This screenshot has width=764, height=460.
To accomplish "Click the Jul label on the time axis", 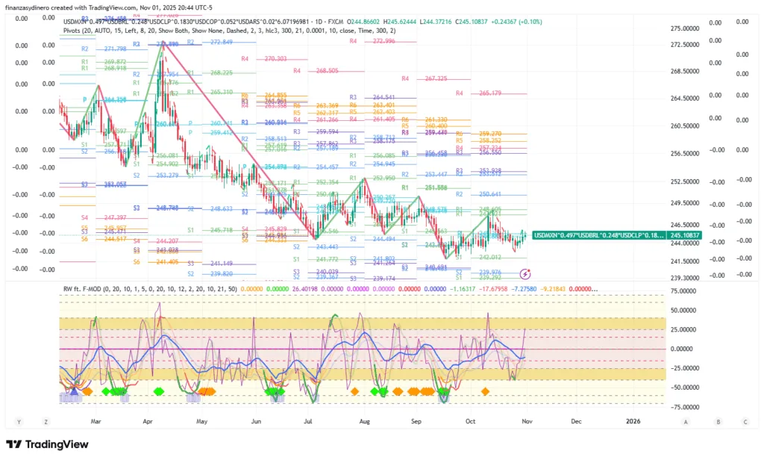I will tap(307, 421).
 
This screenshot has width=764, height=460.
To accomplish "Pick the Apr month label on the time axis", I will tap(148, 421).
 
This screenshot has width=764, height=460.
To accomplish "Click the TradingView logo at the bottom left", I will tap(48, 445).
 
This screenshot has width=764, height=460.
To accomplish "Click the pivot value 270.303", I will tap(275, 58).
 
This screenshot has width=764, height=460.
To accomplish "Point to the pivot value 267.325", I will tap(436, 78).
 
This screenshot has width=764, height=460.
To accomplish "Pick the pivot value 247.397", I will tap(115, 217).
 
